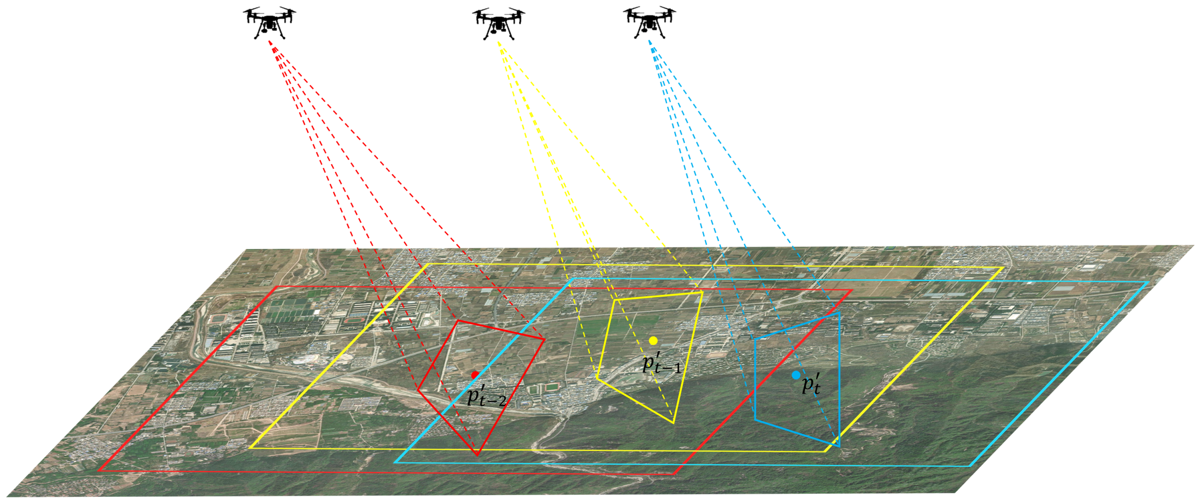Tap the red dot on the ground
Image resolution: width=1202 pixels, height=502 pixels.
point(475,375)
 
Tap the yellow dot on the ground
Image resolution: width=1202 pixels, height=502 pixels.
point(653,341)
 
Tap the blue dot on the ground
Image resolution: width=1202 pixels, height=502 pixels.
point(796,375)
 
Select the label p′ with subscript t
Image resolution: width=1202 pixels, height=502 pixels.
point(811,384)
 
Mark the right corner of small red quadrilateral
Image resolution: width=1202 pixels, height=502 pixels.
point(544,339)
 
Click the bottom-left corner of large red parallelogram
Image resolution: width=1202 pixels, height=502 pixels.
point(99,471)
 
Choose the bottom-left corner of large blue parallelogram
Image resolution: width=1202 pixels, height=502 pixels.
point(395,462)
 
